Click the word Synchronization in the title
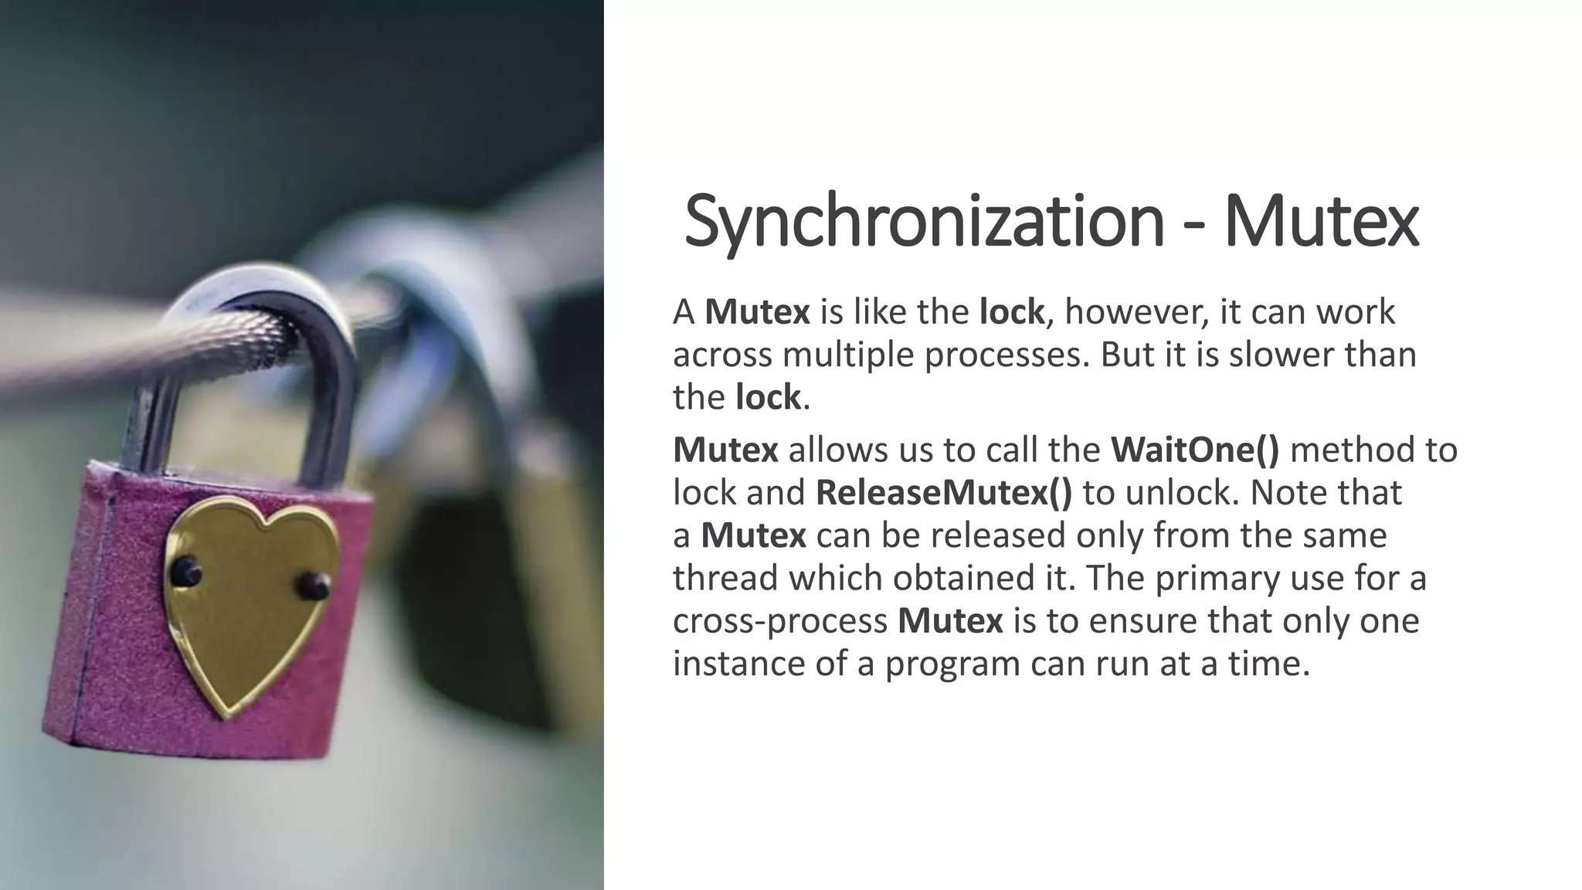(924, 222)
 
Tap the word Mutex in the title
(1321, 222)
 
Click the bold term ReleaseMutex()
(944, 493)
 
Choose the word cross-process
(780, 621)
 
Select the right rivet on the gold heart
(316, 585)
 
